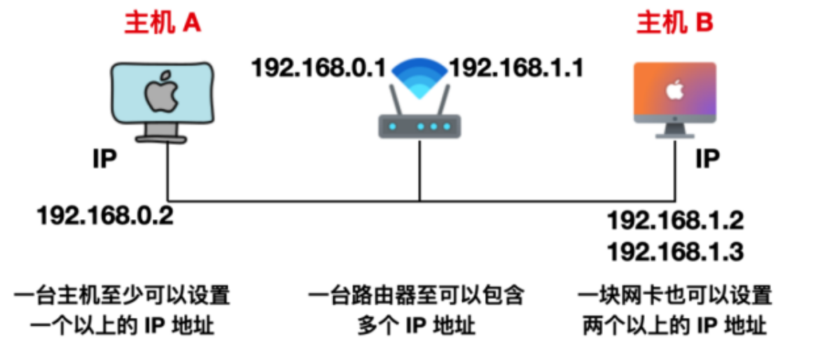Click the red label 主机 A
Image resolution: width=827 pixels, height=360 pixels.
pos(163,24)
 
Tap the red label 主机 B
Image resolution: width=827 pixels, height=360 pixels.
pos(674,24)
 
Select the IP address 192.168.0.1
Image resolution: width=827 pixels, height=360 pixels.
pos(319,68)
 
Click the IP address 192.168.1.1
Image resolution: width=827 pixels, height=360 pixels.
pos(516,68)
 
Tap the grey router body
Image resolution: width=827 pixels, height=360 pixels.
pos(419,127)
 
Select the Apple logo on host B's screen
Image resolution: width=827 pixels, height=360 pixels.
pos(674,90)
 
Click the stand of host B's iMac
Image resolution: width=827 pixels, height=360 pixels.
pos(674,131)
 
